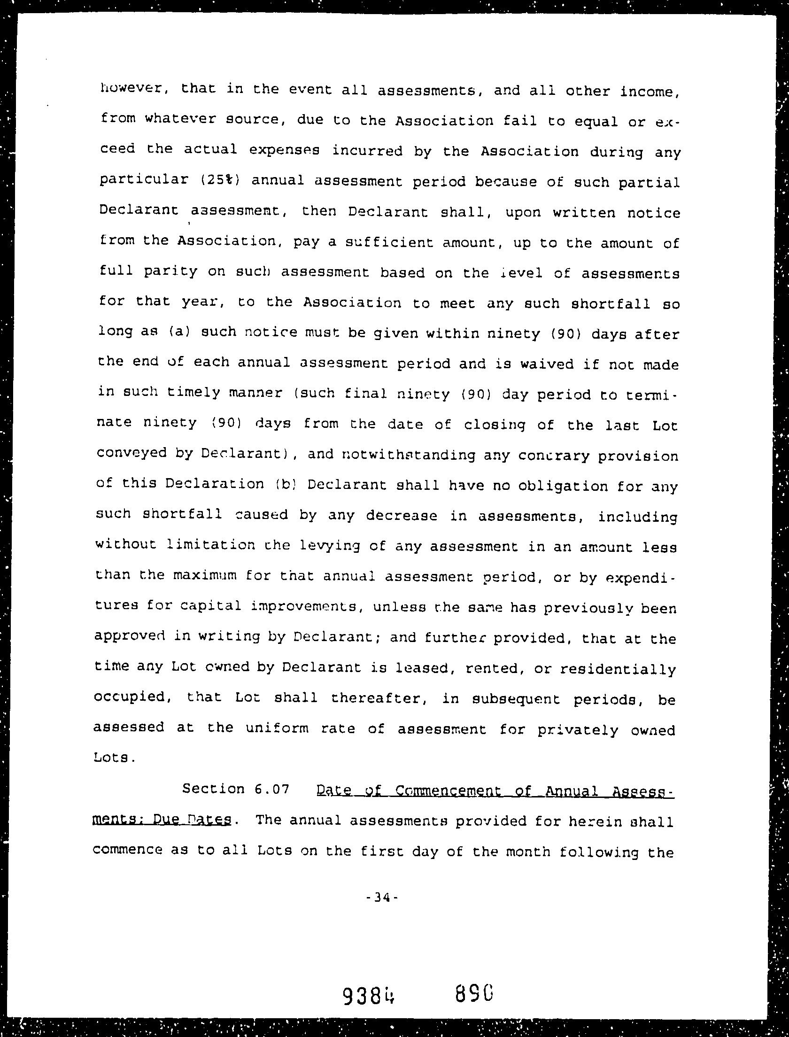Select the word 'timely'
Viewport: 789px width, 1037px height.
(193, 393)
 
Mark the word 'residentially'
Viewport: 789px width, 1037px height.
(618, 668)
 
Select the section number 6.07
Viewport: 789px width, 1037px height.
(272, 789)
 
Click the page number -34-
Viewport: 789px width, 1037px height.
(382, 898)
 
